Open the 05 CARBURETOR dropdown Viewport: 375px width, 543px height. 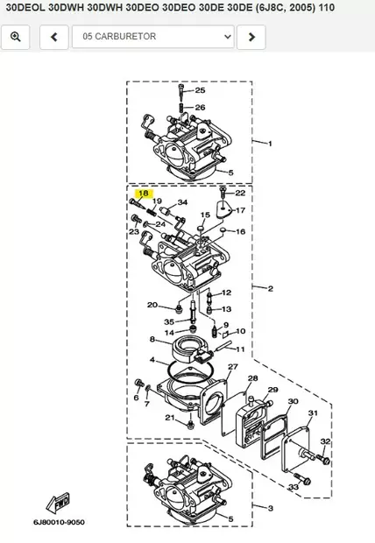pyautogui.click(x=157, y=37)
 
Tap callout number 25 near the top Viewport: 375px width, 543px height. pyautogui.click(x=200, y=90)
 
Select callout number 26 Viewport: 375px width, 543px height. pyautogui.click(x=200, y=108)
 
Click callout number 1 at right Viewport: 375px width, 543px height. pyautogui.click(x=270, y=143)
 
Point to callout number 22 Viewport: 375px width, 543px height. pyautogui.click(x=240, y=193)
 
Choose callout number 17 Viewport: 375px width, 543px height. pyautogui.click(x=240, y=210)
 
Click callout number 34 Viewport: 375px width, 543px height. pyautogui.click(x=182, y=203)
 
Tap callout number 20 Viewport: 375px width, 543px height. pyautogui.click(x=152, y=305)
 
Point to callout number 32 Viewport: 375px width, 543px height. pyautogui.click(x=325, y=441)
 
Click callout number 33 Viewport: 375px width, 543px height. pyautogui.click(x=293, y=487)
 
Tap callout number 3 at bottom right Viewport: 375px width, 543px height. pyautogui.click(x=270, y=508)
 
